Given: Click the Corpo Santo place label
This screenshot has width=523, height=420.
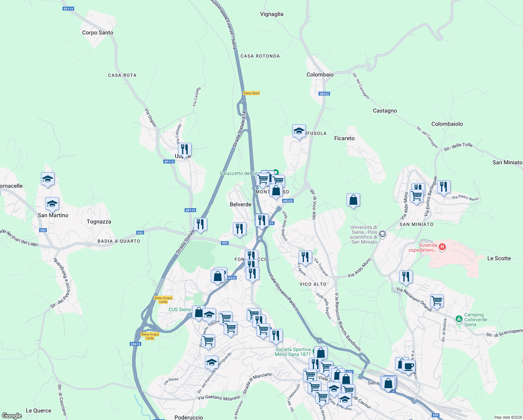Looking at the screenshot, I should [98, 33].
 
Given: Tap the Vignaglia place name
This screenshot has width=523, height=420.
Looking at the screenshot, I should [272, 14].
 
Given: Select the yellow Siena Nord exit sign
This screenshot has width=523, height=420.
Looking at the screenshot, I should [251, 93].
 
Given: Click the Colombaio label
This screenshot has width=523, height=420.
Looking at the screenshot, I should [320, 75].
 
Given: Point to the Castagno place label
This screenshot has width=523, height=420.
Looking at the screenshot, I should [385, 111].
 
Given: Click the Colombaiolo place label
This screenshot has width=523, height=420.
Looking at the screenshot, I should [447, 124].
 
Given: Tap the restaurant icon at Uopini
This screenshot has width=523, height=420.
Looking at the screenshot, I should [185, 149].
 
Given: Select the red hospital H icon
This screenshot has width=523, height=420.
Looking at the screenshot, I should [442, 247].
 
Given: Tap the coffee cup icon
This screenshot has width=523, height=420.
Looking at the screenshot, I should [408, 366].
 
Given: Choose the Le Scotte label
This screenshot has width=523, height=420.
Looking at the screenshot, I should [499, 258].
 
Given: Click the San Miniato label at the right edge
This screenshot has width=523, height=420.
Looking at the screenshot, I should [507, 162].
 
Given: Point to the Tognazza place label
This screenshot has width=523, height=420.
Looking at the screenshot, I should [99, 222].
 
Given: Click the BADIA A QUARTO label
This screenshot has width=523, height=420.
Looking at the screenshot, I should [119, 241].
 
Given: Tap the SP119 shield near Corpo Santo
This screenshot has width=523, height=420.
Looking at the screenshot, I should [68, 9].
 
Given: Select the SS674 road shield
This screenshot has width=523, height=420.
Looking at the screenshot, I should [135, 344].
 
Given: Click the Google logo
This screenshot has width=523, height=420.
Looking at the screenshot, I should [12, 415].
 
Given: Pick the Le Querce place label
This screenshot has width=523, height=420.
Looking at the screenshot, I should [38, 411].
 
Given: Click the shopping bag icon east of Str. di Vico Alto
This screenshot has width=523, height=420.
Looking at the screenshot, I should [353, 200].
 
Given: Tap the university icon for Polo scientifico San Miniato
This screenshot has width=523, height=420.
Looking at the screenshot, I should [382, 234].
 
